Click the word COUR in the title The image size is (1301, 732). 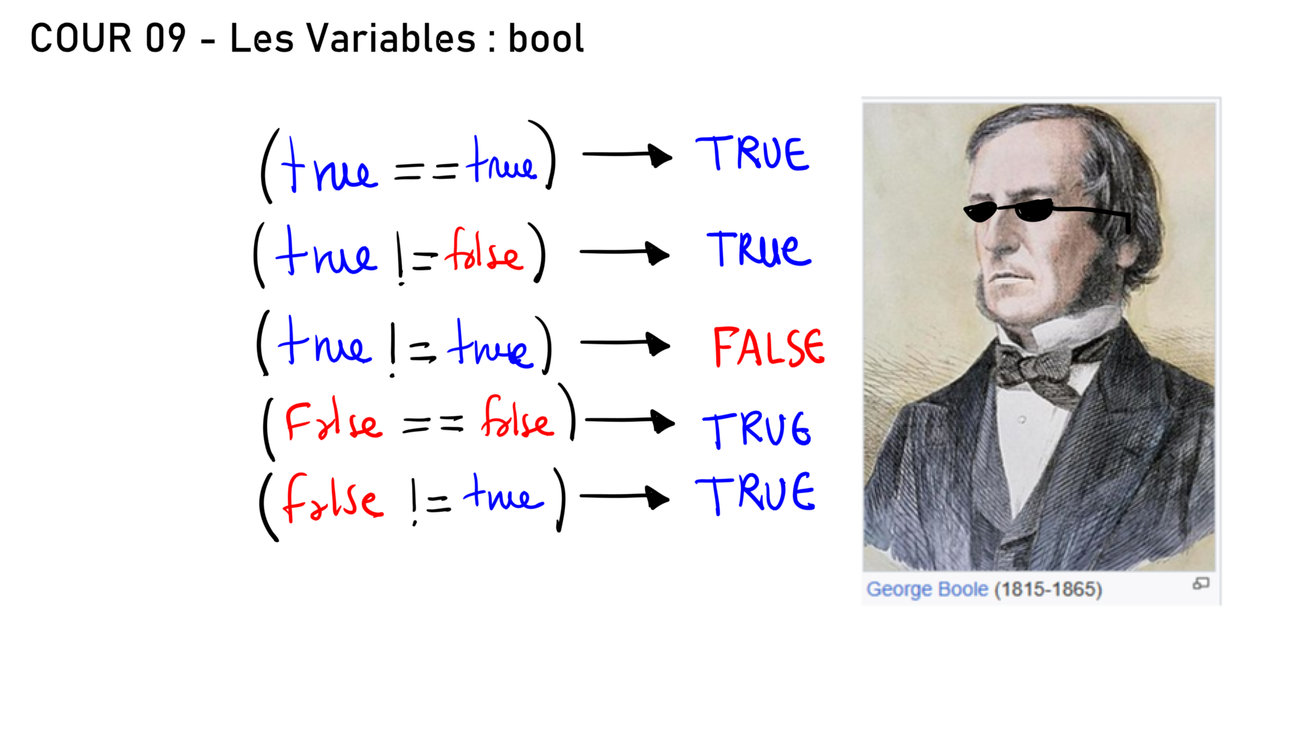(81, 38)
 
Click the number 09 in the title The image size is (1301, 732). (165, 38)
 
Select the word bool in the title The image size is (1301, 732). (546, 38)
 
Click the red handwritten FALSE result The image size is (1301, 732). (769, 347)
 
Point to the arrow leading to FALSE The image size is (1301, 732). (625, 344)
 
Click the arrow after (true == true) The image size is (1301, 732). (627, 155)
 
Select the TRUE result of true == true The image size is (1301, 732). (752, 153)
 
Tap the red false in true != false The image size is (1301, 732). (484, 251)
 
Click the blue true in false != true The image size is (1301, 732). (503, 492)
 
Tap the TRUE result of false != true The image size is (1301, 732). (755, 493)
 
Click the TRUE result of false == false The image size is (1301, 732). (756, 430)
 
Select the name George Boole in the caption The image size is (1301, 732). (927, 589)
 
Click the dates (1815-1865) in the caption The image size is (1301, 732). (1048, 589)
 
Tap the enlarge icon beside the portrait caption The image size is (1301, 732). (1201, 584)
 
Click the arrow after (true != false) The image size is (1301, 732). (625, 253)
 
